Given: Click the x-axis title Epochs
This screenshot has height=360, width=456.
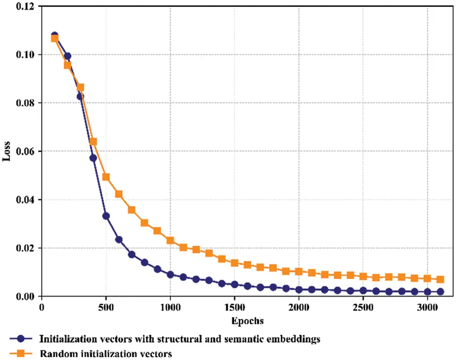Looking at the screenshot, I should [x=247, y=321].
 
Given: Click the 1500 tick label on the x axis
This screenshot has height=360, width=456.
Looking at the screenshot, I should [x=234, y=308].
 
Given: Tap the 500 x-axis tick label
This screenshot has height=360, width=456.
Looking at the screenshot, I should [x=106, y=308].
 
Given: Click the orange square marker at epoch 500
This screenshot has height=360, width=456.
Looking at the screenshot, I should [x=106, y=177].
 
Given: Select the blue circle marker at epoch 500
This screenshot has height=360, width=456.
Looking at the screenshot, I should [x=106, y=216].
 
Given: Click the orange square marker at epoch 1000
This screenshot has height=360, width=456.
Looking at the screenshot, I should [x=170, y=240].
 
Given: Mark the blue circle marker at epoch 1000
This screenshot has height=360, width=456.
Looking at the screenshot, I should [x=170, y=274].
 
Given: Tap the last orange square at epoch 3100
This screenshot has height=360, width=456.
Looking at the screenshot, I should [x=440, y=279].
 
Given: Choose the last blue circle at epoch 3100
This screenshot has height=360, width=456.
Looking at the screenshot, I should [x=440, y=292].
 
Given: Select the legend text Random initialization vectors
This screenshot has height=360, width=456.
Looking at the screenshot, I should [x=106, y=353].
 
